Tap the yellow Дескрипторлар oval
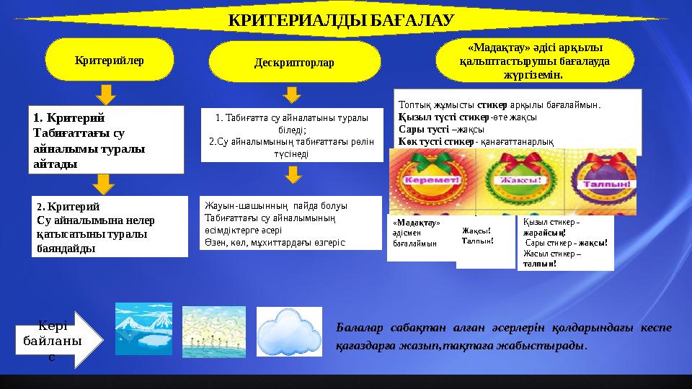[x=294, y=63]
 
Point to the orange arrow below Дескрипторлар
[x=291, y=94]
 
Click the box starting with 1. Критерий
[x=107, y=140]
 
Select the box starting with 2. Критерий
[x=107, y=226]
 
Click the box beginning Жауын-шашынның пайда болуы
[x=290, y=222]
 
